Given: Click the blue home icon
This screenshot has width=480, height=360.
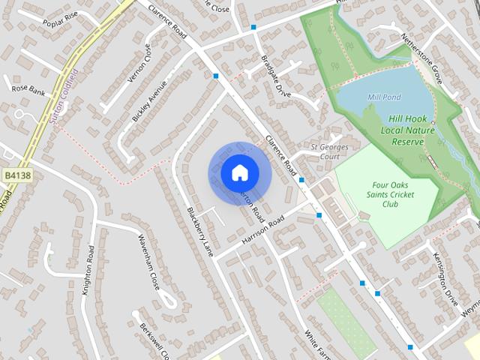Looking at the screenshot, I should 238,173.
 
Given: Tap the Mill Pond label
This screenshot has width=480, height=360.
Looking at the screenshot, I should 383,97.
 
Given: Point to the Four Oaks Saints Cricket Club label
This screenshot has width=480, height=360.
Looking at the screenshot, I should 394,194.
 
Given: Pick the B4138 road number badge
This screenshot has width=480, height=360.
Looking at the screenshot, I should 15,175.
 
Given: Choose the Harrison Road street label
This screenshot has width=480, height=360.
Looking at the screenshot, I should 264,230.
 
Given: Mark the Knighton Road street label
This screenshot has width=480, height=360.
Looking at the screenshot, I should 89,271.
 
